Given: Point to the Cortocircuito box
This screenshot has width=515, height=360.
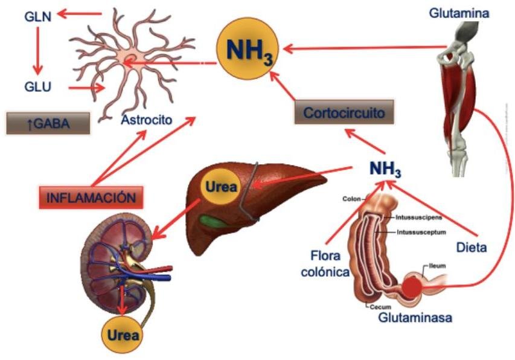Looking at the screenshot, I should [344, 113].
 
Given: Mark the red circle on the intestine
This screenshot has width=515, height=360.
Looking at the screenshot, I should [413, 286].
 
